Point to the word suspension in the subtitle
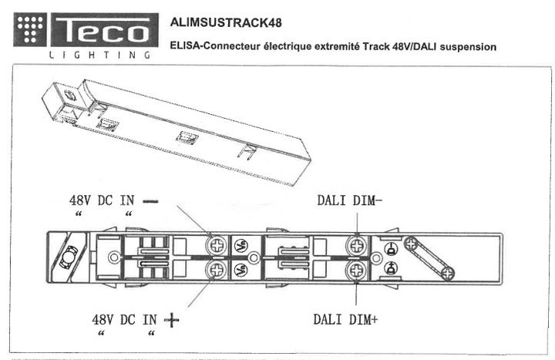[x=464, y=47]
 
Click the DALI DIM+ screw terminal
[x=357, y=270]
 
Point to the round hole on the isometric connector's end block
[x=70, y=96]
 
